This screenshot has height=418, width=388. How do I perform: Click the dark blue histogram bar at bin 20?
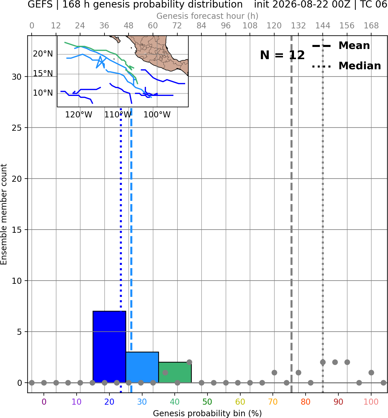click(109, 347)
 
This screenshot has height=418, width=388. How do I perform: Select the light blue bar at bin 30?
click(142, 367)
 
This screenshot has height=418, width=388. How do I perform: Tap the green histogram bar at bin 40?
click(175, 372)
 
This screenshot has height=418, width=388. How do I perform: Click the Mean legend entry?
click(341, 46)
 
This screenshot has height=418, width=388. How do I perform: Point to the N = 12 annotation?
click(282, 55)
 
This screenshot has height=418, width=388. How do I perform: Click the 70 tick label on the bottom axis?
click(273, 402)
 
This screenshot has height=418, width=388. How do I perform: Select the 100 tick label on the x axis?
click(371, 402)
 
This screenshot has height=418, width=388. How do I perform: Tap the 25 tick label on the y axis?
click(17, 128)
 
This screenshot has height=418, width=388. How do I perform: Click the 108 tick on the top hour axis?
click(250, 26)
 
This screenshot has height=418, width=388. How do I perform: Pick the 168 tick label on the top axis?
click(371, 26)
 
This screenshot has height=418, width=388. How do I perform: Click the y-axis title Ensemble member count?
click(4, 214)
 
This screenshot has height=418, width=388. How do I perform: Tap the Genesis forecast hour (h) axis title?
click(207, 16)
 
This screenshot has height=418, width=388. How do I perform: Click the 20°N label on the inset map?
click(43, 54)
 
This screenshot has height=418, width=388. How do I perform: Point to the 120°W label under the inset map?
click(79, 115)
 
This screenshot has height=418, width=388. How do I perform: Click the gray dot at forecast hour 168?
click(371, 372)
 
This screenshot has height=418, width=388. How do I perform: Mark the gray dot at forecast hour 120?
click(274, 372)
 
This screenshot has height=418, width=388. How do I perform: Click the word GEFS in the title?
click(40, 4)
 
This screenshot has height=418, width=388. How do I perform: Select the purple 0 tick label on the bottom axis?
click(44, 402)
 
